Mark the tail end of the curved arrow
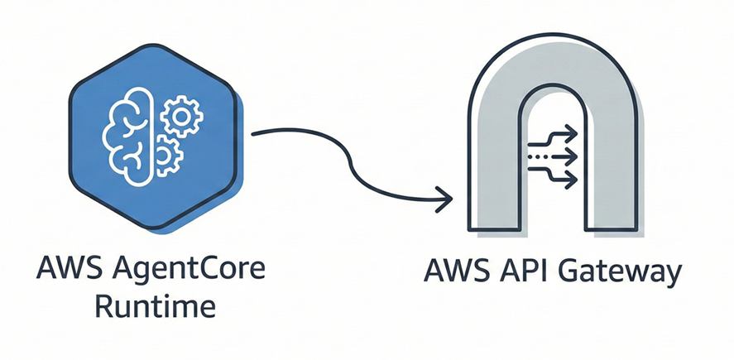point(253,132)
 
